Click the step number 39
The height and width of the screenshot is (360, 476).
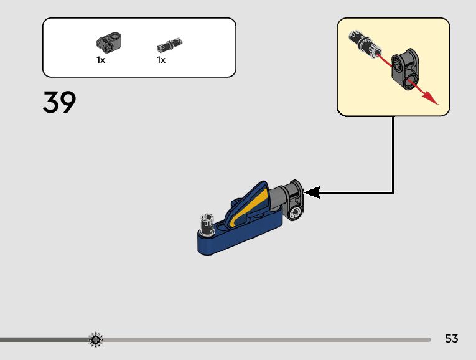click(60, 103)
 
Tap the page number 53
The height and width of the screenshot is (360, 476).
click(452, 339)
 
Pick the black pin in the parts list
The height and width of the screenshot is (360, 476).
click(170, 45)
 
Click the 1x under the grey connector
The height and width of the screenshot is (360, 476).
click(101, 60)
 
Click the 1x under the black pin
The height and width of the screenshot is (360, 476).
click(161, 60)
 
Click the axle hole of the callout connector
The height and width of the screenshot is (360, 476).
click(398, 62)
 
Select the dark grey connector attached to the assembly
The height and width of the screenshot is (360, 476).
click(294, 199)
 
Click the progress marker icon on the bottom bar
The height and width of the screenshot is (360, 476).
click(96, 339)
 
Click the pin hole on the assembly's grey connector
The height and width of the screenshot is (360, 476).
click(296, 212)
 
